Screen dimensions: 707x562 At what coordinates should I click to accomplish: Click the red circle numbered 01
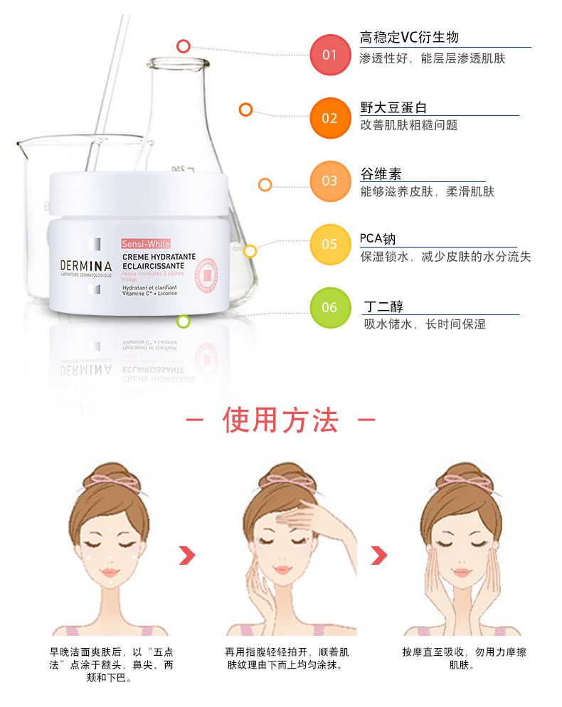tap(330, 54)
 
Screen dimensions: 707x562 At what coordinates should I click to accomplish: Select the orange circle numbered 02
tap(330, 117)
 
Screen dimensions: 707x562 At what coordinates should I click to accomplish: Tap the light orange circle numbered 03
tap(330, 181)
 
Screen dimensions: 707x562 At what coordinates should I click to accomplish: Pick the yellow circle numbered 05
tap(330, 244)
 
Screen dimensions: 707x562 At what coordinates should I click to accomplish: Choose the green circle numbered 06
tap(330, 307)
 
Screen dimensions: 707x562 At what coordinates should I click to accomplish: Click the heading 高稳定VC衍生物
tap(409, 38)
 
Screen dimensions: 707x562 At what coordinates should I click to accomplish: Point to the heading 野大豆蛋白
tap(393, 107)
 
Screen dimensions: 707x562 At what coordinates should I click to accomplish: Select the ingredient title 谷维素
tap(381, 174)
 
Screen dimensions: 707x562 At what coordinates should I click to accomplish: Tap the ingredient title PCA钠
tap(378, 239)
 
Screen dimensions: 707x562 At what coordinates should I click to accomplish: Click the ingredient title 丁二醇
tap(383, 307)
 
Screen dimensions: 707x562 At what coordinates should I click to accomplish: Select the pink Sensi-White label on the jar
tap(146, 244)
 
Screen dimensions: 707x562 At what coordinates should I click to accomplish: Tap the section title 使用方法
tap(280, 420)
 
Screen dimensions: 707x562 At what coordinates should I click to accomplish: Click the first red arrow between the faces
tap(186, 555)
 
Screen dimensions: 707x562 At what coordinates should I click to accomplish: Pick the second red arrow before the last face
tap(380, 555)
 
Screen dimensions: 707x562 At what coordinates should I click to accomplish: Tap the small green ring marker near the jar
tap(184, 321)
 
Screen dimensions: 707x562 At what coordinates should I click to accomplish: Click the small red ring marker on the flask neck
tap(184, 46)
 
